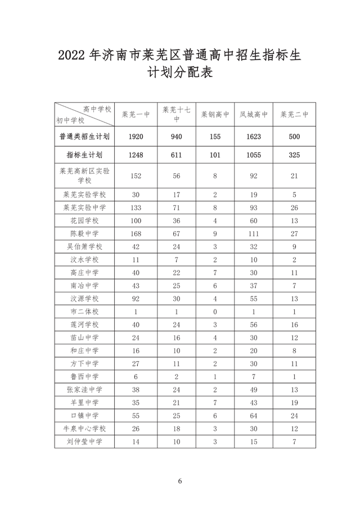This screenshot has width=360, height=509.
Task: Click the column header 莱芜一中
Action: [136, 115]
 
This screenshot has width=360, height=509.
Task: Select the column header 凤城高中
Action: [254, 115]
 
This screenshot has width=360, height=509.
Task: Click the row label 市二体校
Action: [84, 312]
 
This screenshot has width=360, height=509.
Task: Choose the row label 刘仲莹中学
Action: [84, 442]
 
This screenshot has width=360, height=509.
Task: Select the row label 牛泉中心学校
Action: [84, 429]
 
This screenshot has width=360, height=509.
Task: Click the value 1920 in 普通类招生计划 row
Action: [136, 137]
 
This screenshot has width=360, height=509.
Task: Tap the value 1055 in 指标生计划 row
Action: [254, 155]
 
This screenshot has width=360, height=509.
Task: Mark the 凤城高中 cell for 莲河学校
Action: [254, 325]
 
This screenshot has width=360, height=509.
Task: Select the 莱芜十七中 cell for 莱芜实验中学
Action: [176, 208]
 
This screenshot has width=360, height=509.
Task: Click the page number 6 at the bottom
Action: [180, 481]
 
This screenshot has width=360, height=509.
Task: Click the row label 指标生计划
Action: [84, 155]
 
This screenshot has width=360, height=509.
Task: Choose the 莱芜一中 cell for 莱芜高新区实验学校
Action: [136, 176]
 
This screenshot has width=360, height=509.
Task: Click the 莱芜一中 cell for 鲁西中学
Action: [136, 377]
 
